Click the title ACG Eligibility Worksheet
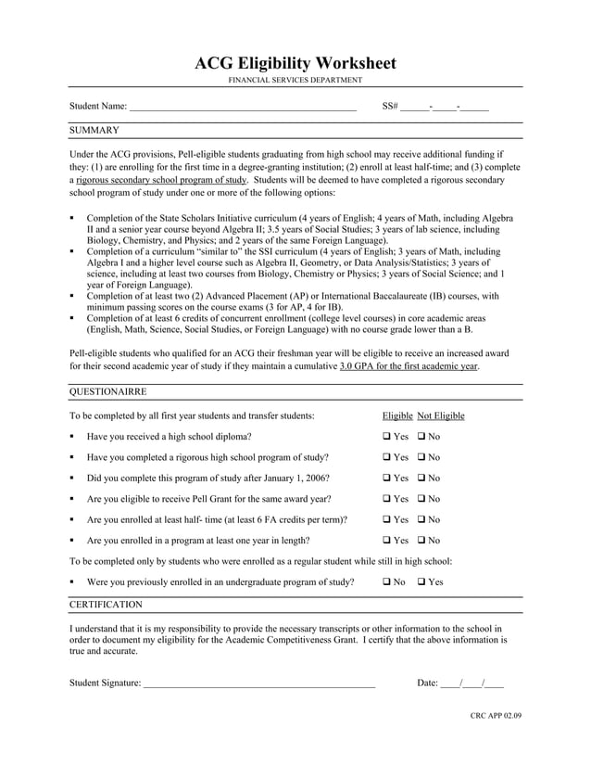coord(295,63)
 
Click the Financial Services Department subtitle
coord(295,82)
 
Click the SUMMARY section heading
coord(94,131)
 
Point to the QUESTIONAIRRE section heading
coord(108,392)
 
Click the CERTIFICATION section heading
coord(107,605)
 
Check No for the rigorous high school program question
coord(421,457)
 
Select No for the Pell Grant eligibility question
coord(421,499)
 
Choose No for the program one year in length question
coord(421,541)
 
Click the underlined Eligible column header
coord(397,415)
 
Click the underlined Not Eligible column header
coord(441,415)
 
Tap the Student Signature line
coord(258,683)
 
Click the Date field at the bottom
coord(472,683)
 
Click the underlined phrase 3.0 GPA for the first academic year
coord(409,366)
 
